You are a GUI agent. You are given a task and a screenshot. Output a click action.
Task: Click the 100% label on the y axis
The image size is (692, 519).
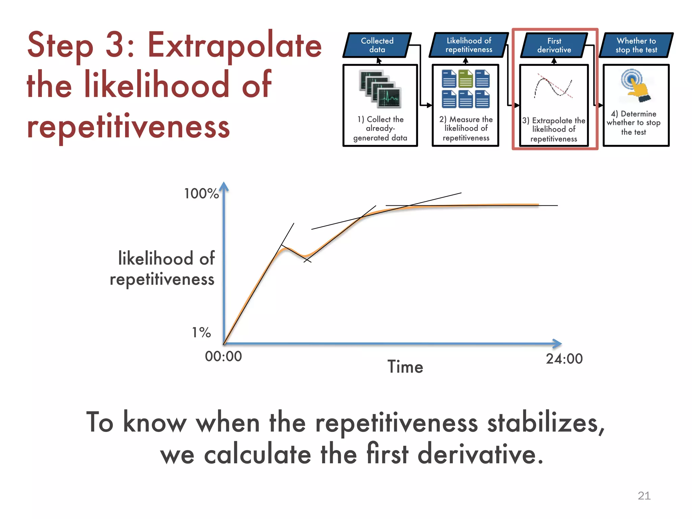click(201, 194)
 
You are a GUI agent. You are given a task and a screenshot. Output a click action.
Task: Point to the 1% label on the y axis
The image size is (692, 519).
click(201, 332)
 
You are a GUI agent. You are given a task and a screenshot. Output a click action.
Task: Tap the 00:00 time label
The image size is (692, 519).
click(223, 356)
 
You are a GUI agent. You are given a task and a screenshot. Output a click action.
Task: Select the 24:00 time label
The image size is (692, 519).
click(564, 359)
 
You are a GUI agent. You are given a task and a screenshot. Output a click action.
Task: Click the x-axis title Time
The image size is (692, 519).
click(405, 367)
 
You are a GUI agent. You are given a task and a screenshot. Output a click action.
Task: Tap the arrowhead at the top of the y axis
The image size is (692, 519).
click(224, 187)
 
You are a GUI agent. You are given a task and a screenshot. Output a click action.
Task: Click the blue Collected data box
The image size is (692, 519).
click(377, 45)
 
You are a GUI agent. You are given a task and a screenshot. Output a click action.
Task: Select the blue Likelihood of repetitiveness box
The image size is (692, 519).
click(469, 45)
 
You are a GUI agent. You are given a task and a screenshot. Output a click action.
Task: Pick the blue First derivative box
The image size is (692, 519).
click(554, 45)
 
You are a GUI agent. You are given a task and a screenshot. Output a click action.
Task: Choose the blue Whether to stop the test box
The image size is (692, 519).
click(636, 45)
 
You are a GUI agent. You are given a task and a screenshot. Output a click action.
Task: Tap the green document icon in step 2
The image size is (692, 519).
click(466, 78)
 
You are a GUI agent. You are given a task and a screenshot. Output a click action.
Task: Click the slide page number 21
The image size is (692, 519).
click(644, 495)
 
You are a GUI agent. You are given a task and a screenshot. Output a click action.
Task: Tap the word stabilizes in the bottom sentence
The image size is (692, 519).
click(545, 423)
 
